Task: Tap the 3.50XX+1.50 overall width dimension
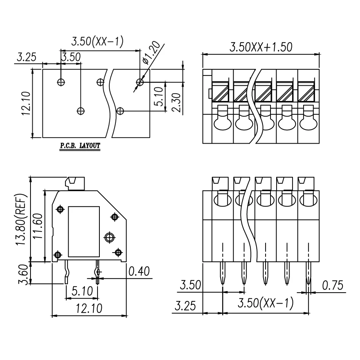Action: click(261, 47)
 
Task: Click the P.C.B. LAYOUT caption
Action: click(79, 146)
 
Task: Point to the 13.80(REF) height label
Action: click(22, 220)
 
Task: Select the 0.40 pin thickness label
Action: click(139, 272)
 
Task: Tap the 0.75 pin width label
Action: click(332, 285)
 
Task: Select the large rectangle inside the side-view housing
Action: click(83, 231)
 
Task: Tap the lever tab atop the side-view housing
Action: click(75, 183)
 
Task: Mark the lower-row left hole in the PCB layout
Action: click(81, 111)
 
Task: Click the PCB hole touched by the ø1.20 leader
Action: click(140, 82)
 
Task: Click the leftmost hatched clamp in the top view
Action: click(220, 91)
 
